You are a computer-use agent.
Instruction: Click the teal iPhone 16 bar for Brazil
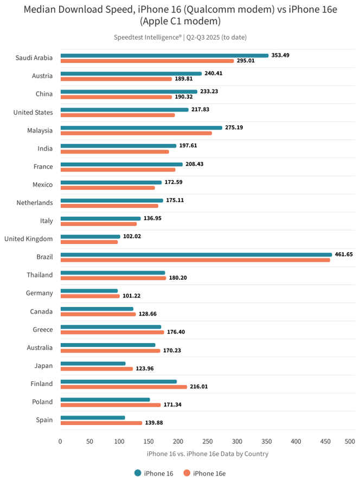pyautogui.click(x=196, y=254)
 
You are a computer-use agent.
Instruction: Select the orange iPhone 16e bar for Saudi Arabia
pyautogui.click(x=147, y=61)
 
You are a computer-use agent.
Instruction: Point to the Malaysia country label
pyautogui.click(x=40, y=130)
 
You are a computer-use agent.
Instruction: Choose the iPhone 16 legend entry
pyautogui.click(x=154, y=473)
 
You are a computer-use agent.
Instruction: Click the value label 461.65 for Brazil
pyautogui.click(x=345, y=254)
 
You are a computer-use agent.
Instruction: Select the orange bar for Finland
pyautogui.click(x=124, y=387)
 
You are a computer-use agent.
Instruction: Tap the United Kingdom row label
pyautogui.click(x=28, y=239)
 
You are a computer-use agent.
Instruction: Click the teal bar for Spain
pyautogui.click(x=93, y=418)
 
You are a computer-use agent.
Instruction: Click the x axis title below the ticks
pyautogui.click(x=207, y=453)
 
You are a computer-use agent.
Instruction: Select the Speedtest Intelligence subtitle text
pyautogui.click(x=180, y=37)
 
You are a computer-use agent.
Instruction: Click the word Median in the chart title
pyautogui.click(x=41, y=9)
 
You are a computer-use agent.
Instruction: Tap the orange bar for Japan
pyautogui.click(x=97, y=369)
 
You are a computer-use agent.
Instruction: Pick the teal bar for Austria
pyautogui.click(x=131, y=73)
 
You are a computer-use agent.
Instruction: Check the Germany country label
pyautogui.click(x=40, y=293)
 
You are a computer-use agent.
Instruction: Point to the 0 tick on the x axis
pyautogui.click(x=60, y=441)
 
